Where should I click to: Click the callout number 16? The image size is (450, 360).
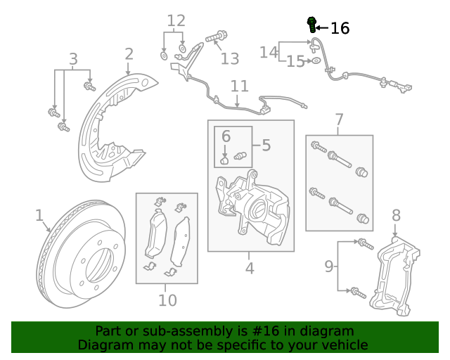pos(340,28)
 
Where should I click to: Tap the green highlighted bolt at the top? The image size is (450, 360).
pos(311,25)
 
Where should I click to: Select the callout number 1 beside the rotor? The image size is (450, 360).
pos(39,215)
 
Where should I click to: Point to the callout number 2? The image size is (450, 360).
pos(129,54)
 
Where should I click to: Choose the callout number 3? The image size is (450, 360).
pos(72,59)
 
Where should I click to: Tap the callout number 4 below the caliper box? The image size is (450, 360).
pos(250,268)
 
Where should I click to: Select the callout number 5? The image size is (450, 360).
pos(266,146)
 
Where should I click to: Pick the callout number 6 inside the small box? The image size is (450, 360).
pos(226,136)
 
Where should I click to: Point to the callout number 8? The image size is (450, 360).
pos(396,215)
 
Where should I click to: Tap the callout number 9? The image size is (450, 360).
pos(328,266)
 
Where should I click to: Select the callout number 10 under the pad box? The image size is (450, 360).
pos(167,300)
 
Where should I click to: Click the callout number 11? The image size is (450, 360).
pos(240,86)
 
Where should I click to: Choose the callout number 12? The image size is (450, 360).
pos(176,20)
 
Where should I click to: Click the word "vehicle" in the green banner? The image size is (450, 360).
pos(344,345)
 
